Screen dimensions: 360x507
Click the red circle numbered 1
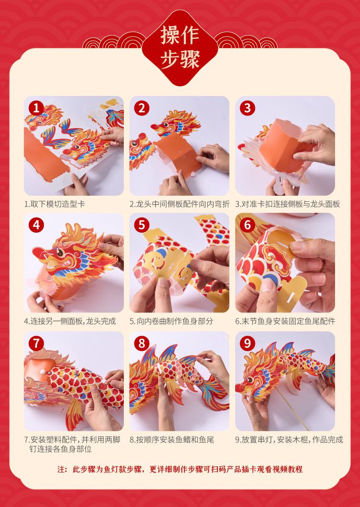[x=36, y=108]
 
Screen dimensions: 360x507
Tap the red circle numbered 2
[x=142, y=108]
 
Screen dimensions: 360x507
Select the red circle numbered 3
[x=247, y=108]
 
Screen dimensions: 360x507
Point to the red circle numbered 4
[x=36, y=225]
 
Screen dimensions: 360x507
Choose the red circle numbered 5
[x=142, y=225]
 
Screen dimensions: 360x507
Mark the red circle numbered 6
[x=247, y=225]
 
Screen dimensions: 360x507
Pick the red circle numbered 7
[x=36, y=343]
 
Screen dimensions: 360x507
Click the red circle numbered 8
[x=142, y=343]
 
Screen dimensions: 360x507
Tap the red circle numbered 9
[x=247, y=343]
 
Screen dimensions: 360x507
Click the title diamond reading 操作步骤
[x=180, y=47]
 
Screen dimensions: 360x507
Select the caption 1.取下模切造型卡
[x=55, y=204]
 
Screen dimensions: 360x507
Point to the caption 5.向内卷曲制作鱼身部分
[x=171, y=321]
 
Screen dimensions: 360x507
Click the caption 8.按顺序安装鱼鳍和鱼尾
[x=172, y=440]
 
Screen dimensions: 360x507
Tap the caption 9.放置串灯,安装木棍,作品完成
[x=289, y=440]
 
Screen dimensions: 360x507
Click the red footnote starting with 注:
[x=180, y=469]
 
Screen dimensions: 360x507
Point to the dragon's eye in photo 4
[x=60, y=251]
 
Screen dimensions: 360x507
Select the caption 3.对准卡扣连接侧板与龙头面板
[x=288, y=204]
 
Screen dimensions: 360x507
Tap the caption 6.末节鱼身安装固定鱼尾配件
[x=285, y=321]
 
